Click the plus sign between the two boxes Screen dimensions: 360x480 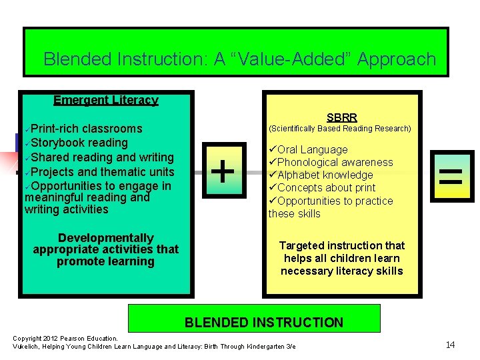pyautogui.click(x=222, y=171)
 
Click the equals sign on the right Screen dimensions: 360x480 pyautogui.click(x=452, y=176)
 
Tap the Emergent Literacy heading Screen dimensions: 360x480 pyautogui.click(x=105, y=100)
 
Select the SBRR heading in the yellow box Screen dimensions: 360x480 pyautogui.click(x=342, y=117)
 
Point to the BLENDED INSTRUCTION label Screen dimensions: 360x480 pyautogui.click(x=263, y=323)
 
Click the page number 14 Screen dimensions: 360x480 pyautogui.click(x=450, y=344)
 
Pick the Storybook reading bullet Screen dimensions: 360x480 pyautogui.click(x=79, y=143)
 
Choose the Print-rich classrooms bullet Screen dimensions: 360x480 pyautogui.click(x=86, y=128)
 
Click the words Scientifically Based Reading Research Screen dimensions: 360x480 pyautogui.click(x=339, y=128)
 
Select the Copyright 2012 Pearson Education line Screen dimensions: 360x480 pyautogui.click(x=65, y=339)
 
